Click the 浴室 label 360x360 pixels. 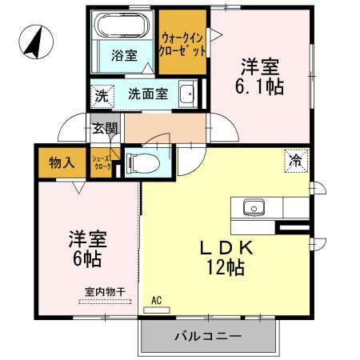tap(124, 56)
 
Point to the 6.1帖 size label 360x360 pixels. tap(261, 86)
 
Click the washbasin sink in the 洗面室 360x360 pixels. tap(187, 92)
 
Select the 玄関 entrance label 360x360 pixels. tap(105, 127)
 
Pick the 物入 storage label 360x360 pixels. tap(62, 162)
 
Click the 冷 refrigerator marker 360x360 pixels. tap(296, 159)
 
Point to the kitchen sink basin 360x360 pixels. tap(255, 206)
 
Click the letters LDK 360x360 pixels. tap(226, 249)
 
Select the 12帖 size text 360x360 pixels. tap(226, 269)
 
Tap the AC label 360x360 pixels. tap(156, 300)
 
